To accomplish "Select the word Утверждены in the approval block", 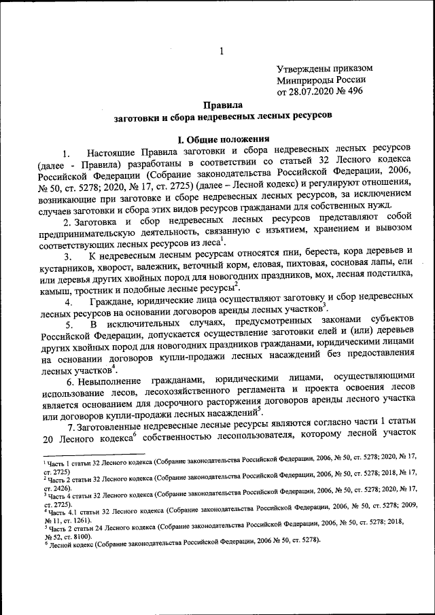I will click(304, 69).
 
